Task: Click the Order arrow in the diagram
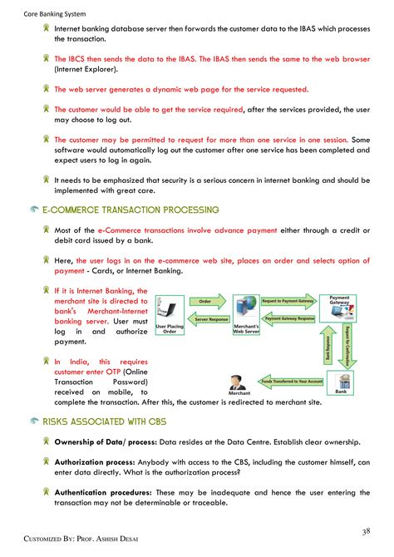tap(204, 301)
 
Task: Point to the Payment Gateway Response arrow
tap(288, 318)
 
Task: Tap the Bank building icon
tap(341, 380)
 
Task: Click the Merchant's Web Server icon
tap(247, 313)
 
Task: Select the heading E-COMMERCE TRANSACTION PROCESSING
tap(131, 210)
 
